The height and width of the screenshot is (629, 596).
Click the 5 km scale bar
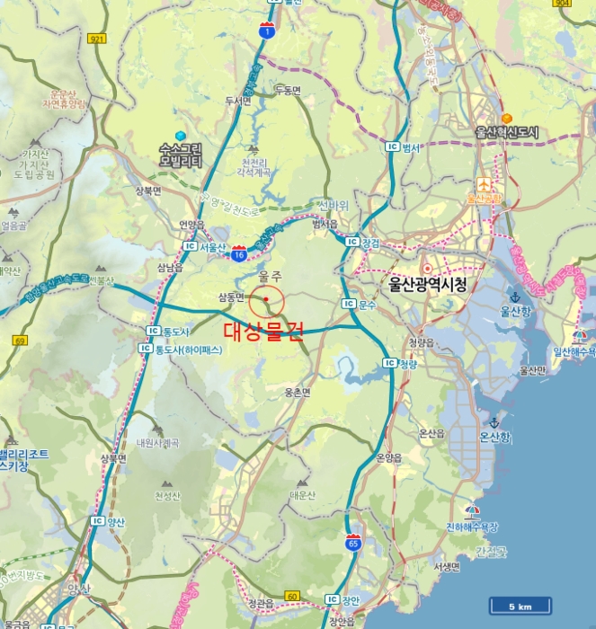[x=520, y=606]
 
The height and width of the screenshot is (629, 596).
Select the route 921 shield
[x=98, y=39]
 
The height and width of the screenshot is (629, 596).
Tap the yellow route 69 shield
[x=20, y=341]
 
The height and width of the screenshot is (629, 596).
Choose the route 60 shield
[x=292, y=596]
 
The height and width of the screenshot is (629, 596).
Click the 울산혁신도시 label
[x=507, y=132]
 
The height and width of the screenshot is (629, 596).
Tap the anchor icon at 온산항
[x=494, y=422]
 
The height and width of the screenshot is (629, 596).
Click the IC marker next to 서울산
[x=189, y=245]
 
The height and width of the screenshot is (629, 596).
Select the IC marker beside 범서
[x=392, y=146]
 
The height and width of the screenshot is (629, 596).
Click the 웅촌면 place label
[x=297, y=393]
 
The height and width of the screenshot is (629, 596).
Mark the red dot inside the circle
[x=266, y=300]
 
